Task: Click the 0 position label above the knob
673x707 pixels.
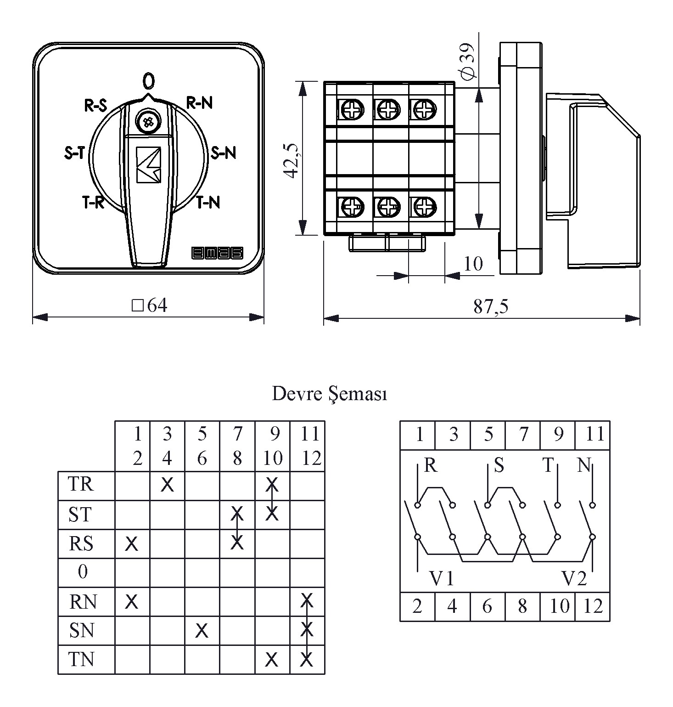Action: point(148,81)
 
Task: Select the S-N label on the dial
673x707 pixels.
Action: point(223,153)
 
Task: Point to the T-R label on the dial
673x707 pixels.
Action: point(94,202)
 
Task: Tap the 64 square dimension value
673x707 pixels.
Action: point(150,305)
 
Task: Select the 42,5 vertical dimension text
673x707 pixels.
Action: point(292,159)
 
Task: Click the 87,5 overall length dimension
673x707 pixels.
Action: point(491,306)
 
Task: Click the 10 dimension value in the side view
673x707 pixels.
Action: point(473,264)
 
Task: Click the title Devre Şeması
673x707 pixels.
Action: point(329,394)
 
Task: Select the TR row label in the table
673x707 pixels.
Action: point(81,484)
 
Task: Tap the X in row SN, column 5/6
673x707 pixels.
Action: point(202,631)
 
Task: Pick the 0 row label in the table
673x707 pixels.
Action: point(83,572)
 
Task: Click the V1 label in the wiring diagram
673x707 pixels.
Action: point(442,578)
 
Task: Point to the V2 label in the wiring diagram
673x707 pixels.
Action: point(574,578)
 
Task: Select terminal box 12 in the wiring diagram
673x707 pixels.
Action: point(592,607)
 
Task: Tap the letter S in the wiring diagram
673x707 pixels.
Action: point(499,466)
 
